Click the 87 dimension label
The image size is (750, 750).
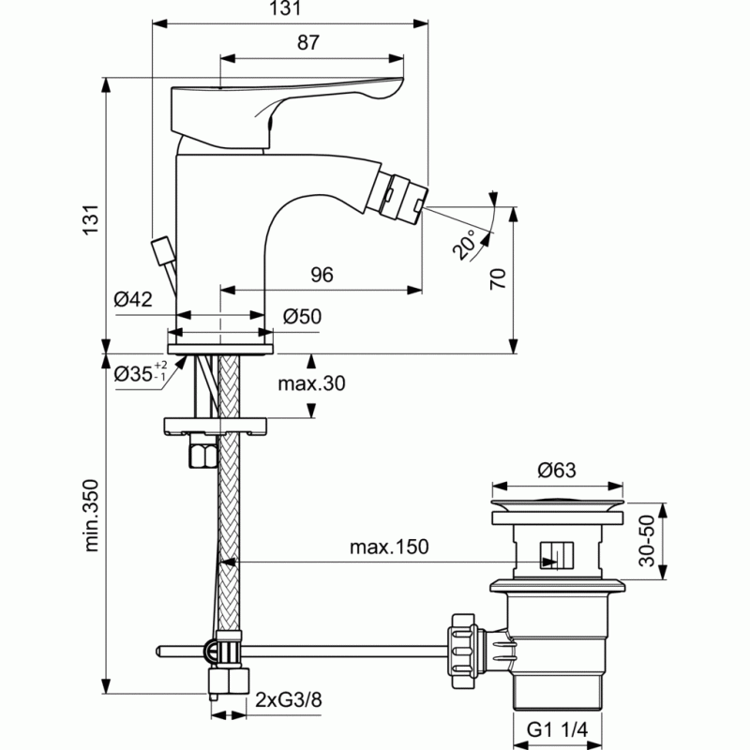[x=308, y=42]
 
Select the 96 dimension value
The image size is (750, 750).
[x=322, y=275]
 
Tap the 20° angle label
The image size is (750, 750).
[x=464, y=244]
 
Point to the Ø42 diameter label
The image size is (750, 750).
[x=133, y=299]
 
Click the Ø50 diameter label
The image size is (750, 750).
[x=302, y=316]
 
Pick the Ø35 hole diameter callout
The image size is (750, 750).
[x=141, y=372]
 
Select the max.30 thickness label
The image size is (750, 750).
[x=311, y=383]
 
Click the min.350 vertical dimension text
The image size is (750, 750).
[x=91, y=516]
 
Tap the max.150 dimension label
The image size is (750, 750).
[x=389, y=547]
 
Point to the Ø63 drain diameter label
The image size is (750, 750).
[x=557, y=470]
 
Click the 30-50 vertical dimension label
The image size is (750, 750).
[x=647, y=541]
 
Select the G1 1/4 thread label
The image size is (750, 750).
[x=557, y=729]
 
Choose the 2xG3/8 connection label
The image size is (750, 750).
[x=289, y=699]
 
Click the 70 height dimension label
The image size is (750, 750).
[x=498, y=278]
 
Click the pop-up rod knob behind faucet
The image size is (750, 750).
[x=161, y=249]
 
